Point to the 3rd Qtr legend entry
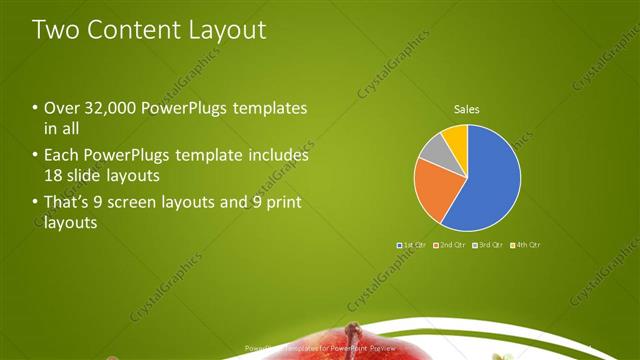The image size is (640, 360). coord(488,245)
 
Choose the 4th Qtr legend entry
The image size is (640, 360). coord(526,245)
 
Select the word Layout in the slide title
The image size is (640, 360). coord(227,30)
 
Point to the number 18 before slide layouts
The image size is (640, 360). coord(53,176)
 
